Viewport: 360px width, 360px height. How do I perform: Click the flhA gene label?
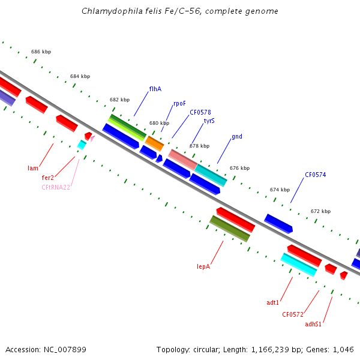coord(155,89)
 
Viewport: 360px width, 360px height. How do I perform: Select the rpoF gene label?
coord(179,103)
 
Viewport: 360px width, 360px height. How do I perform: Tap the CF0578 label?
coord(200,112)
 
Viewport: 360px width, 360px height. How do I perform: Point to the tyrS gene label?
coord(209,121)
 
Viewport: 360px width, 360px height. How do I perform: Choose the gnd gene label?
coord(237,137)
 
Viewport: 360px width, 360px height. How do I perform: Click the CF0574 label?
coord(315,175)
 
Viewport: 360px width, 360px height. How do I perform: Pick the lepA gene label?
coord(203,266)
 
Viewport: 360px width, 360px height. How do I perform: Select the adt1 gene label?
coord(273,303)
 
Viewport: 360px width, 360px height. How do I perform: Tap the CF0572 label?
coord(293,314)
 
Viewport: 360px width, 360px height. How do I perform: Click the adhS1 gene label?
coord(313,325)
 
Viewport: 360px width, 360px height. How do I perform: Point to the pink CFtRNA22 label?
coord(56,187)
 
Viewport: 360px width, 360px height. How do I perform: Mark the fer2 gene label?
coord(48,178)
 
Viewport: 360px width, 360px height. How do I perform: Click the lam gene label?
coord(33,168)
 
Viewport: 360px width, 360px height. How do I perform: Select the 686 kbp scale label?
coord(41,52)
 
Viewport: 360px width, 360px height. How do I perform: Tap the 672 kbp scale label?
coord(320,211)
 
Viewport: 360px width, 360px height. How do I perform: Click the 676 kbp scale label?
coord(239,168)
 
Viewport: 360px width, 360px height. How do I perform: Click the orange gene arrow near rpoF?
coord(155,143)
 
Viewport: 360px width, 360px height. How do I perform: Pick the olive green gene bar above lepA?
coord(230,229)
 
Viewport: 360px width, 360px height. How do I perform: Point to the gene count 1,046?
coord(343,349)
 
